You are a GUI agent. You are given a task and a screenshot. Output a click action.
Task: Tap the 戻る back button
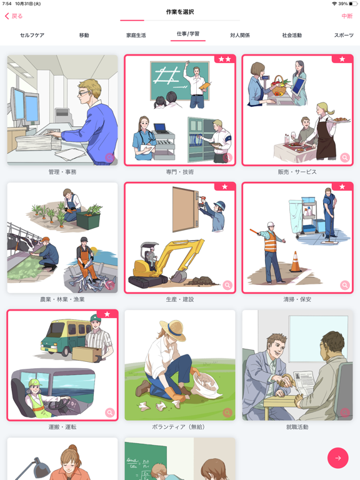14,16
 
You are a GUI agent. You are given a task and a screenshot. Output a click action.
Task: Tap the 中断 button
346,16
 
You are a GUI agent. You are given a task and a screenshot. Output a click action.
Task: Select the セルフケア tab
32,36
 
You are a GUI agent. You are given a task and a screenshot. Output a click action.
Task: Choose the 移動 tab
84,36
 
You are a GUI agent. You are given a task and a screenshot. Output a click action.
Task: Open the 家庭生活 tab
136,36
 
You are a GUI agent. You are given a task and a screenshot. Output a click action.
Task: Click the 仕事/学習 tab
187,35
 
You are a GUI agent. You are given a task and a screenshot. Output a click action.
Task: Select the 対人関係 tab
239,36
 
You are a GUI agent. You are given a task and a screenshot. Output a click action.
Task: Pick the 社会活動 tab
291,36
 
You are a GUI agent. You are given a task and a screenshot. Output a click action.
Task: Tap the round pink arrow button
338,458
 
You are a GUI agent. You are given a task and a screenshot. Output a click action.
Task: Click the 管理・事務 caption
62,172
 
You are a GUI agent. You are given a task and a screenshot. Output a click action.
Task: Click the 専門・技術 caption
180,172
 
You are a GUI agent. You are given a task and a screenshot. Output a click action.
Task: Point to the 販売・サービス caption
297,172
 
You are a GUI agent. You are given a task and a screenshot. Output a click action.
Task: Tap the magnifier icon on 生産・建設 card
227,285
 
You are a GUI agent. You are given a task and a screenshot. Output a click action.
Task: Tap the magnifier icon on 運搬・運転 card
110,412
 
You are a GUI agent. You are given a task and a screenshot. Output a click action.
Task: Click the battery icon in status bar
352,4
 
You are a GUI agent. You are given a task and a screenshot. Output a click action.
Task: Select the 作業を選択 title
180,12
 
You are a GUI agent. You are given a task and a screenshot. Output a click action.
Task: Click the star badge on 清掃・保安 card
342,187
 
